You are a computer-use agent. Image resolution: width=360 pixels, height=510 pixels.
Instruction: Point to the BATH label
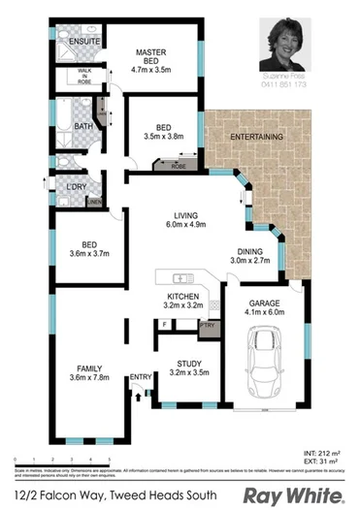[84, 126]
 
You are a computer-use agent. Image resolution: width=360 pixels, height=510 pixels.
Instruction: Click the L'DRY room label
[77, 186]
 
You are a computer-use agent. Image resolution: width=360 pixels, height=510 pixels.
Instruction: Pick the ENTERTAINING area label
[257, 138]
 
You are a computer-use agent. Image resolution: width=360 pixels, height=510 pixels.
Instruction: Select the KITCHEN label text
[182, 301]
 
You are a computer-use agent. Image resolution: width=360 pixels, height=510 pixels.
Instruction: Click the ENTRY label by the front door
[141, 377]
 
